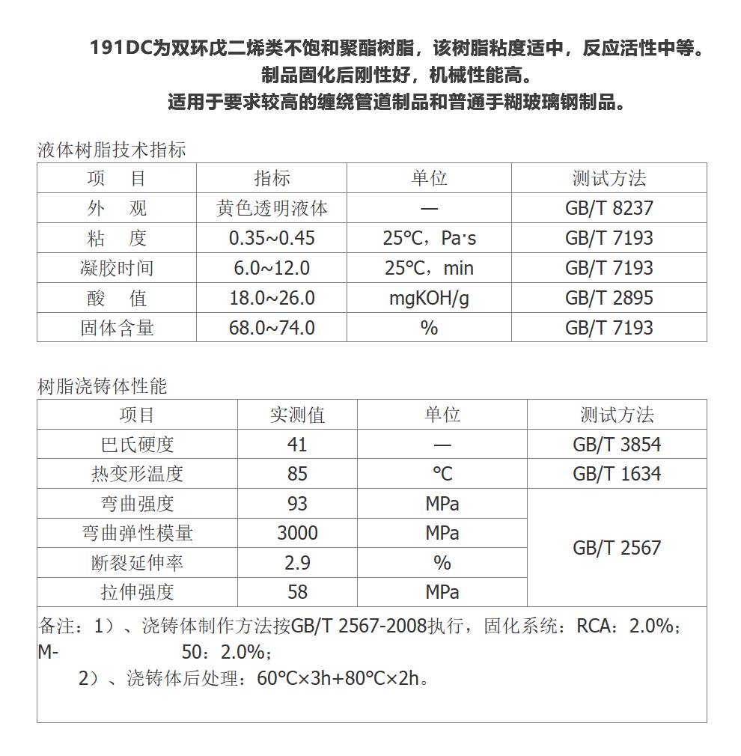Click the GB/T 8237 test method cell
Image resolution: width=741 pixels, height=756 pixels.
point(609,208)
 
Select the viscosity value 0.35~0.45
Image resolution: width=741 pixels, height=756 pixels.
point(272,238)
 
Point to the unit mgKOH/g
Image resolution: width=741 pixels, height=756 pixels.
point(429,298)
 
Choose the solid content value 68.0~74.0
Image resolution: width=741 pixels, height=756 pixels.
point(272,328)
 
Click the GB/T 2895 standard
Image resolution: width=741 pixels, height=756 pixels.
point(609,298)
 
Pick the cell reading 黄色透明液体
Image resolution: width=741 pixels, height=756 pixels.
point(272,208)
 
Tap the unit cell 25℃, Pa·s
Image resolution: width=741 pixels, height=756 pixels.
point(429,238)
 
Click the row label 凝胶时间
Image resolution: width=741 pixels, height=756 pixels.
point(117,268)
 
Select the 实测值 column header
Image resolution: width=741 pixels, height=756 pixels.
point(297,415)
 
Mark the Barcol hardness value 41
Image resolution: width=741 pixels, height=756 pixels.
point(297,445)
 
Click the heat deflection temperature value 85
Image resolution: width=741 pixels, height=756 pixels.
point(297,474)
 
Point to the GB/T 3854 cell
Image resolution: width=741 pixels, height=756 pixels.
point(617,445)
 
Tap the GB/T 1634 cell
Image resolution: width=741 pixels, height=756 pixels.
point(617,474)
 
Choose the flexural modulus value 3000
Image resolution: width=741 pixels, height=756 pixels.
point(297,533)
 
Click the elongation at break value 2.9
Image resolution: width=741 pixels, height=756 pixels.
point(297,563)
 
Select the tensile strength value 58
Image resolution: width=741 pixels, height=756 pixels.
point(297,592)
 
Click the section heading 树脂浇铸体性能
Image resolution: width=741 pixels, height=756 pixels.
point(103,386)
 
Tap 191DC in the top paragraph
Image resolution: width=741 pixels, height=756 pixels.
point(120,49)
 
